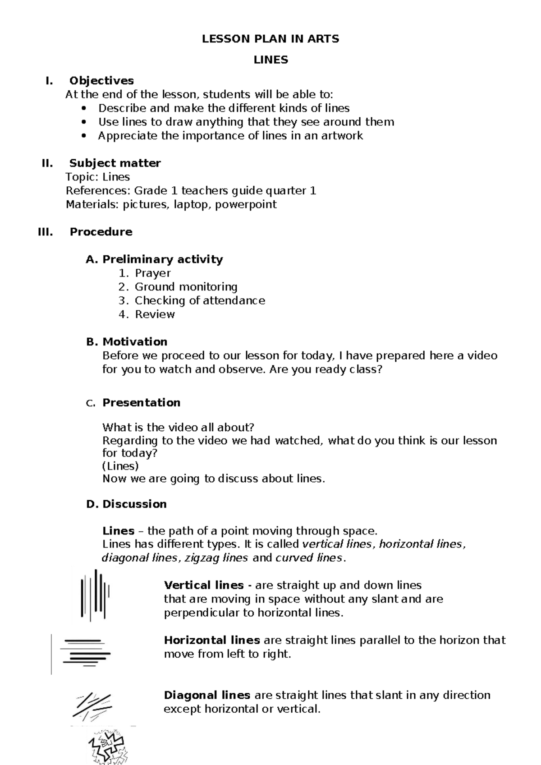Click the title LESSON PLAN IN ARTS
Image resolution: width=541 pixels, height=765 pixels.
270,39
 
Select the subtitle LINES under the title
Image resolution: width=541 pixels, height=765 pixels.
270,60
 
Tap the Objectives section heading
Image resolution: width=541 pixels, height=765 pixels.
101,81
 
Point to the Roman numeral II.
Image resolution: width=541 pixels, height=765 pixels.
47,163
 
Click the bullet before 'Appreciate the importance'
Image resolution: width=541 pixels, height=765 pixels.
84,136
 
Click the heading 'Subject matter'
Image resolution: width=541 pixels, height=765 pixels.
115,163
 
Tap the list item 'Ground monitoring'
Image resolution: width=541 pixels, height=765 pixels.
186,287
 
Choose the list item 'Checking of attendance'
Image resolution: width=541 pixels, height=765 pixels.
200,301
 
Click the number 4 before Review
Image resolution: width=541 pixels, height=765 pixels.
123,314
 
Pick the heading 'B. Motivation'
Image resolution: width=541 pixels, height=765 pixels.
127,342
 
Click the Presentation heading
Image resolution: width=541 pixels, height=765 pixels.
141,403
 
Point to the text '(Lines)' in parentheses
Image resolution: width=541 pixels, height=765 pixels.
120,466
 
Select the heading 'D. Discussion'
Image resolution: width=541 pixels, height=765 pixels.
126,504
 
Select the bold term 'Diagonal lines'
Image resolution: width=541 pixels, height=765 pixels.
207,695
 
